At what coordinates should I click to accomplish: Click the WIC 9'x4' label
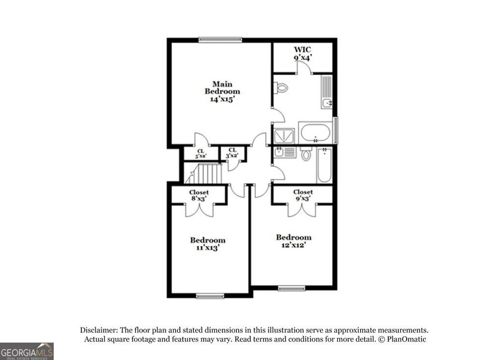[x=303, y=53]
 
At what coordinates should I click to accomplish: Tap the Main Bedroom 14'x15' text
[x=222, y=91]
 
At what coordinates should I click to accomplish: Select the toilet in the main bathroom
[x=281, y=88]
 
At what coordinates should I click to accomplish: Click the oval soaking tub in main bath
[x=315, y=132]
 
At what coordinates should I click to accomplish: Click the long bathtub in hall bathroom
[x=324, y=165]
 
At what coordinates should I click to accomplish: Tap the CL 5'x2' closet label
[x=200, y=153]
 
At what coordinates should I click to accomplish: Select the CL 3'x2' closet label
[x=233, y=153]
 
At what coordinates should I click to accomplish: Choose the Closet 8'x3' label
[x=199, y=195]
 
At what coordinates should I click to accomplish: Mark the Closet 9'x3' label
[x=303, y=195]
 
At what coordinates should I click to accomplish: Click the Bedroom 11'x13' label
[x=207, y=243]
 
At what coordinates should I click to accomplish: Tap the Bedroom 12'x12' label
[x=293, y=240]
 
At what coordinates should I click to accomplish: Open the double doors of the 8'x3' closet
[x=200, y=209]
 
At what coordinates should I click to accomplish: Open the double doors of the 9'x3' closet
[x=303, y=209]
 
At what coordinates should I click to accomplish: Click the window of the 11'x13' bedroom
[x=210, y=296]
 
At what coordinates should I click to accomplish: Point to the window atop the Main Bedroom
[x=220, y=40]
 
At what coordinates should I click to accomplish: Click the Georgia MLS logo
[x=27, y=351]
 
